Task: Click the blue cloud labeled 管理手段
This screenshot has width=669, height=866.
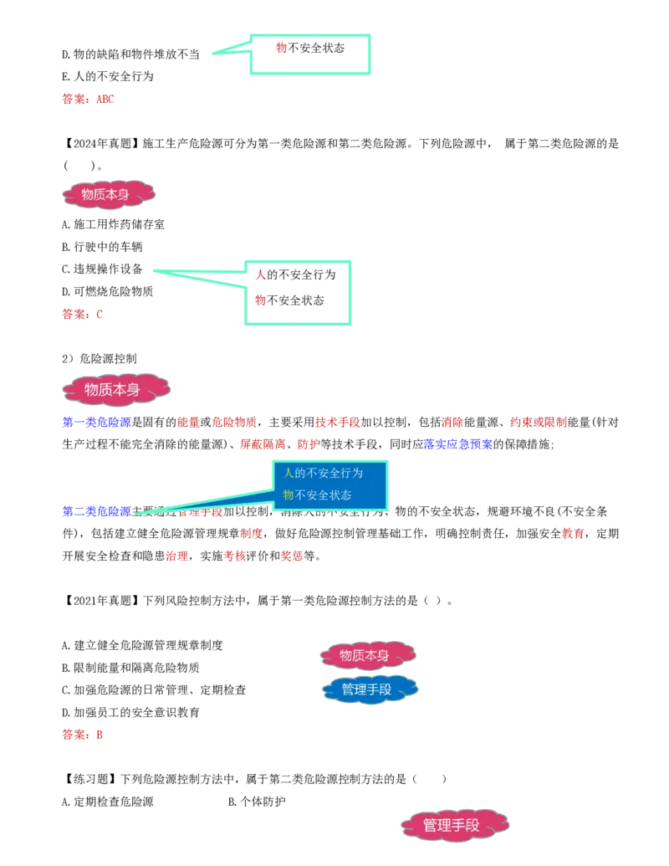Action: (370, 689)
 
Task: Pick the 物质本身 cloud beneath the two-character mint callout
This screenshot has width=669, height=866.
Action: (115, 389)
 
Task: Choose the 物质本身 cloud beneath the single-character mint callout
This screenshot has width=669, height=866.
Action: (108, 195)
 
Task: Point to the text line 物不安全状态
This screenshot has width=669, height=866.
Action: (317, 494)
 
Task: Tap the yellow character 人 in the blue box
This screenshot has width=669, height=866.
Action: (289, 473)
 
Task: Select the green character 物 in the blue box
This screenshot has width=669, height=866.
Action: (289, 494)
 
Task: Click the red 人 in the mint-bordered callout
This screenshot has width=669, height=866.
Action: (260, 275)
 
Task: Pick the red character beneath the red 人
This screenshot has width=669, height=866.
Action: (260, 300)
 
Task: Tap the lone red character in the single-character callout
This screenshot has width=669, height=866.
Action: (281, 48)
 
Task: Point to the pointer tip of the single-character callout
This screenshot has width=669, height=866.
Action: (210, 54)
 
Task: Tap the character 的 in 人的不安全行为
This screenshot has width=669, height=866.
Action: (300, 473)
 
